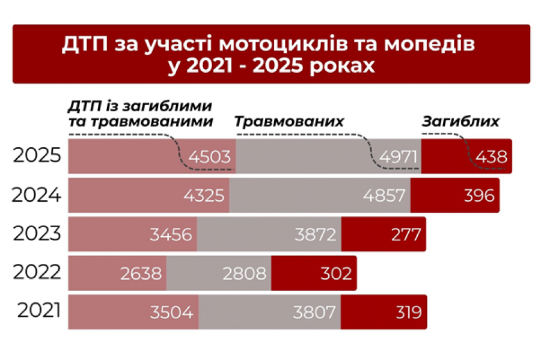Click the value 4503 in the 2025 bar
click(x=209, y=157)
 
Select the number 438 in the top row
click(x=491, y=157)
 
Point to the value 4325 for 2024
click(x=204, y=195)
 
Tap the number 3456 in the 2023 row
click(x=171, y=234)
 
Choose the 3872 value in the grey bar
click(x=315, y=234)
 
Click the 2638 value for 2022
click(x=141, y=273)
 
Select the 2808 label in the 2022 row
click(x=245, y=273)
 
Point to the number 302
click(x=335, y=273)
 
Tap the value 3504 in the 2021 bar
click(x=171, y=312)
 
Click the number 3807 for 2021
click(x=315, y=312)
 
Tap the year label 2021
click(x=38, y=311)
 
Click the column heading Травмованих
click(x=289, y=121)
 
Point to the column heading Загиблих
click(x=460, y=121)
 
